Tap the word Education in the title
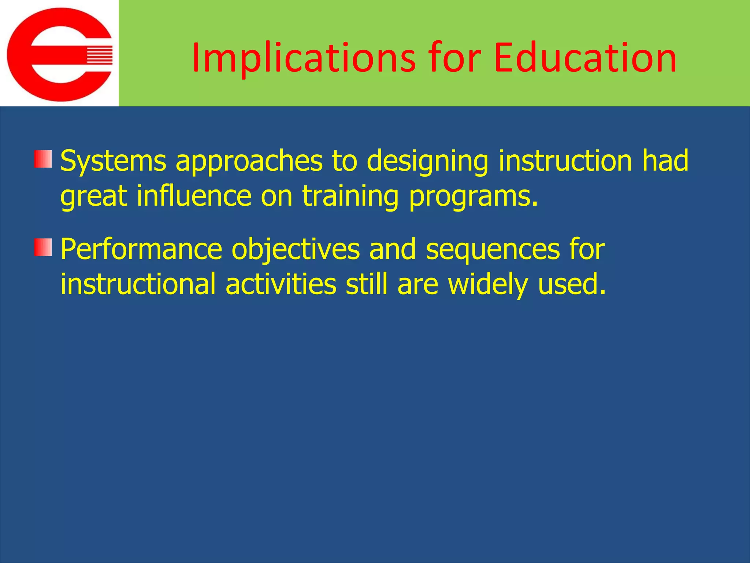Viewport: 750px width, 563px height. tap(585, 58)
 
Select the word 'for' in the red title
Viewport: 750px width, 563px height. tap(454, 58)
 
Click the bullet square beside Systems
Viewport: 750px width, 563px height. tap(43, 159)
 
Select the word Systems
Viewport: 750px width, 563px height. tap(113, 161)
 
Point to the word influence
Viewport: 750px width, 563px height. tap(194, 196)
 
